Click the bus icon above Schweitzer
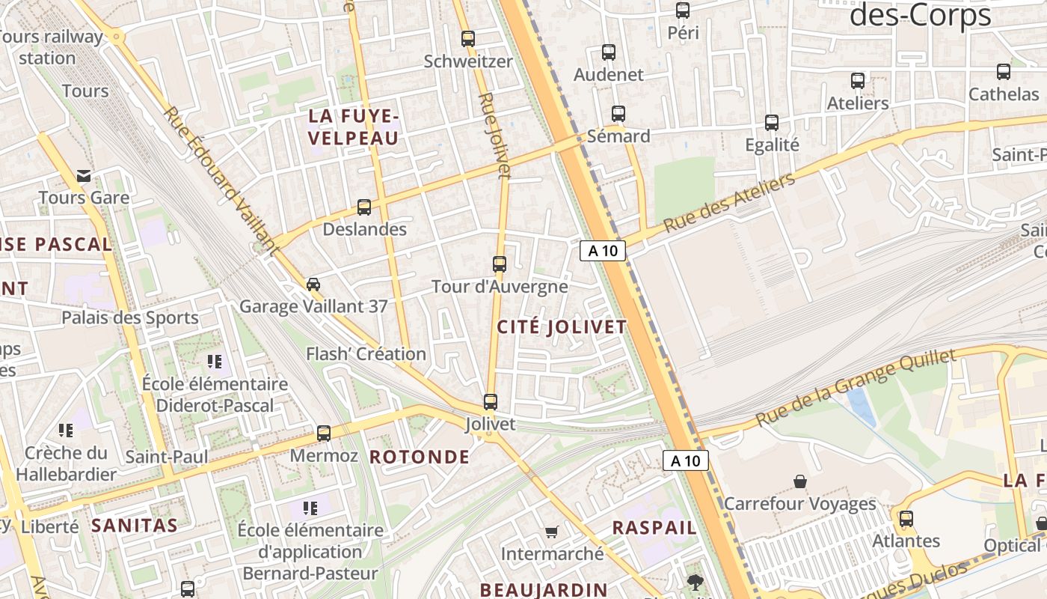click(x=468, y=38)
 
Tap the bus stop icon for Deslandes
click(x=364, y=207)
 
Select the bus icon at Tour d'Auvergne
click(x=500, y=264)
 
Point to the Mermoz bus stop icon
click(x=324, y=433)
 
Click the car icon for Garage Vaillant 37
click(x=313, y=284)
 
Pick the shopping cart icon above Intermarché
click(x=552, y=532)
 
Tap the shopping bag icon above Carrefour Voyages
click(x=800, y=481)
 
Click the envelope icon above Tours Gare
click(x=84, y=176)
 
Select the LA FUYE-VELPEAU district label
click(x=354, y=127)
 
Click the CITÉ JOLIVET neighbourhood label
click(x=562, y=327)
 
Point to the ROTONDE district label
click(x=420, y=457)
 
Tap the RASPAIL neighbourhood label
click(x=654, y=527)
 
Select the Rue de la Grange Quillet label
click(x=856, y=387)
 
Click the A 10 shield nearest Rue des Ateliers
click(x=603, y=251)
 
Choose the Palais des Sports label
click(x=130, y=317)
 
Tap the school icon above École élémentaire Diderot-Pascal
click(x=215, y=362)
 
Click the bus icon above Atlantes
click(x=906, y=518)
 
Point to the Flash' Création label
click(x=366, y=353)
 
